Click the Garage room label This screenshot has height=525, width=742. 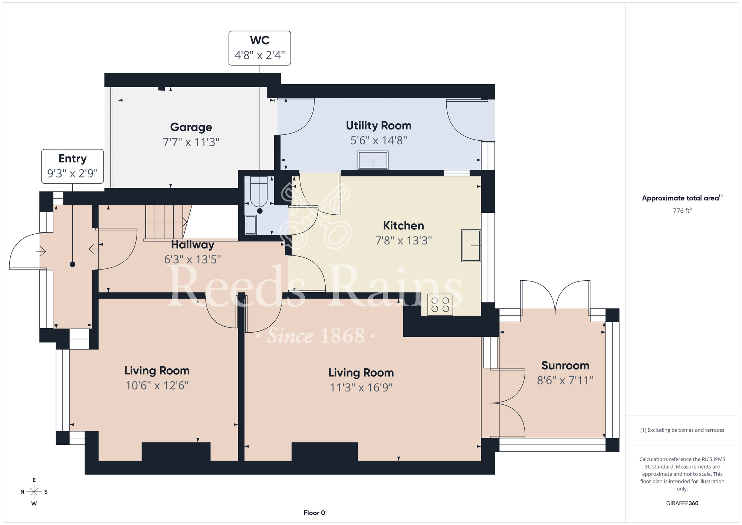(191, 127)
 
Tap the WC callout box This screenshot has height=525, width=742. (260, 48)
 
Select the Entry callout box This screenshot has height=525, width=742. (72, 166)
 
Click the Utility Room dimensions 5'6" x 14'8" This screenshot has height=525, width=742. (379, 140)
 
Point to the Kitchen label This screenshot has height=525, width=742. (403, 225)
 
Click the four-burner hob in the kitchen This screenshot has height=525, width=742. (440, 304)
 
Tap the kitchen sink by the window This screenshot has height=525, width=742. (471, 246)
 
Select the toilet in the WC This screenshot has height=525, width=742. (259, 192)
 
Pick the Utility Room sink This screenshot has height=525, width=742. (373, 160)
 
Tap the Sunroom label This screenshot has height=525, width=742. (565, 365)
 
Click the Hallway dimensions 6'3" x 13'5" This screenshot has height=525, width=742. (193, 259)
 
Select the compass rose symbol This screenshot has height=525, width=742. (34, 492)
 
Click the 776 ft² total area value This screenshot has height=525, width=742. (682, 211)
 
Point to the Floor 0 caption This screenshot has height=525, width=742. (314, 513)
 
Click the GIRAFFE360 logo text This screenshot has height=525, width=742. (682, 503)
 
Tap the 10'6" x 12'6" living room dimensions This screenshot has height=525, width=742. (157, 385)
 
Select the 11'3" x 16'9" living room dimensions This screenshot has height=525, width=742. (361, 387)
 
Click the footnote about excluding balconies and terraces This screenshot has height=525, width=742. (682, 430)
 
